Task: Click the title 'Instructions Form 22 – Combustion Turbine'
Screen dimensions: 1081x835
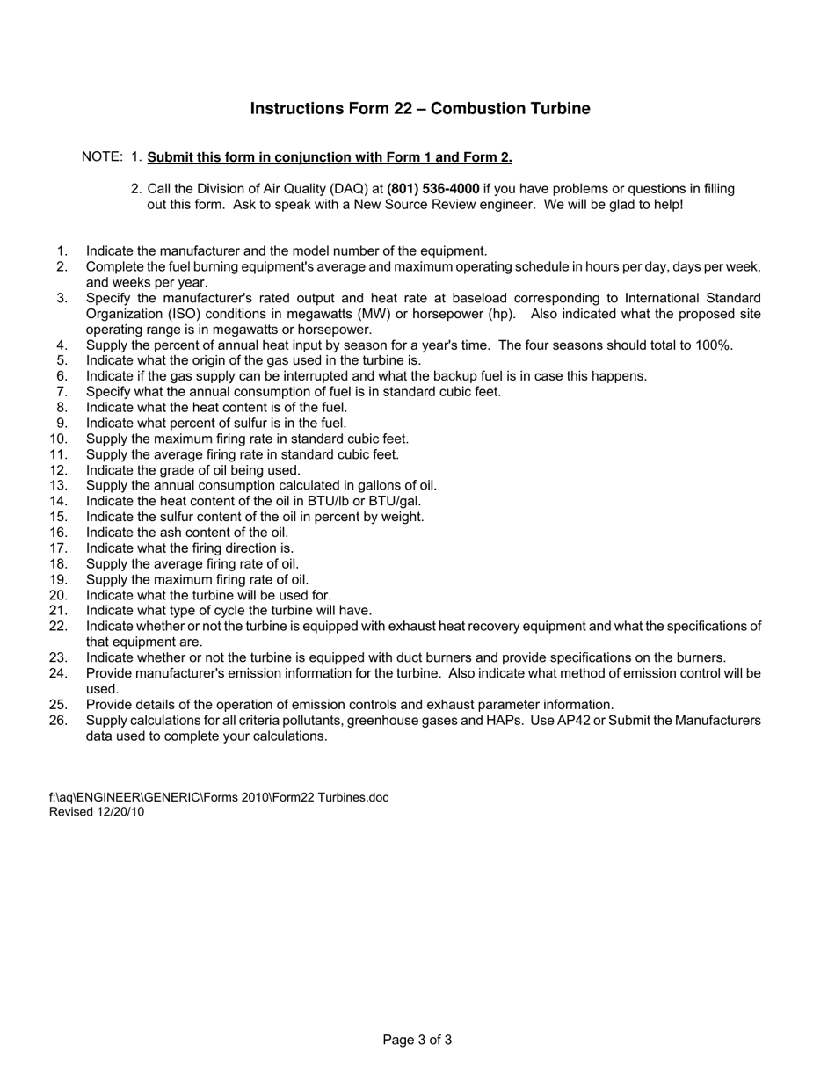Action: [x=420, y=109]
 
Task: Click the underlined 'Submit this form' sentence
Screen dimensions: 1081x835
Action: [x=330, y=157]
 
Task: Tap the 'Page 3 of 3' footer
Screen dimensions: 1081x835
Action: [x=417, y=1041]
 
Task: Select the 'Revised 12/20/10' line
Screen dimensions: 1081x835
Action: [x=97, y=812]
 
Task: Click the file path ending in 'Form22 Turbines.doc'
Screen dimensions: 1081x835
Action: [x=219, y=797]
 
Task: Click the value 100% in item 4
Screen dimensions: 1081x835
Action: [x=714, y=345]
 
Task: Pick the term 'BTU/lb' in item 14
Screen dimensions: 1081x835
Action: [x=329, y=501]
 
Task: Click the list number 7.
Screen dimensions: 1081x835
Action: [x=62, y=392]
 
